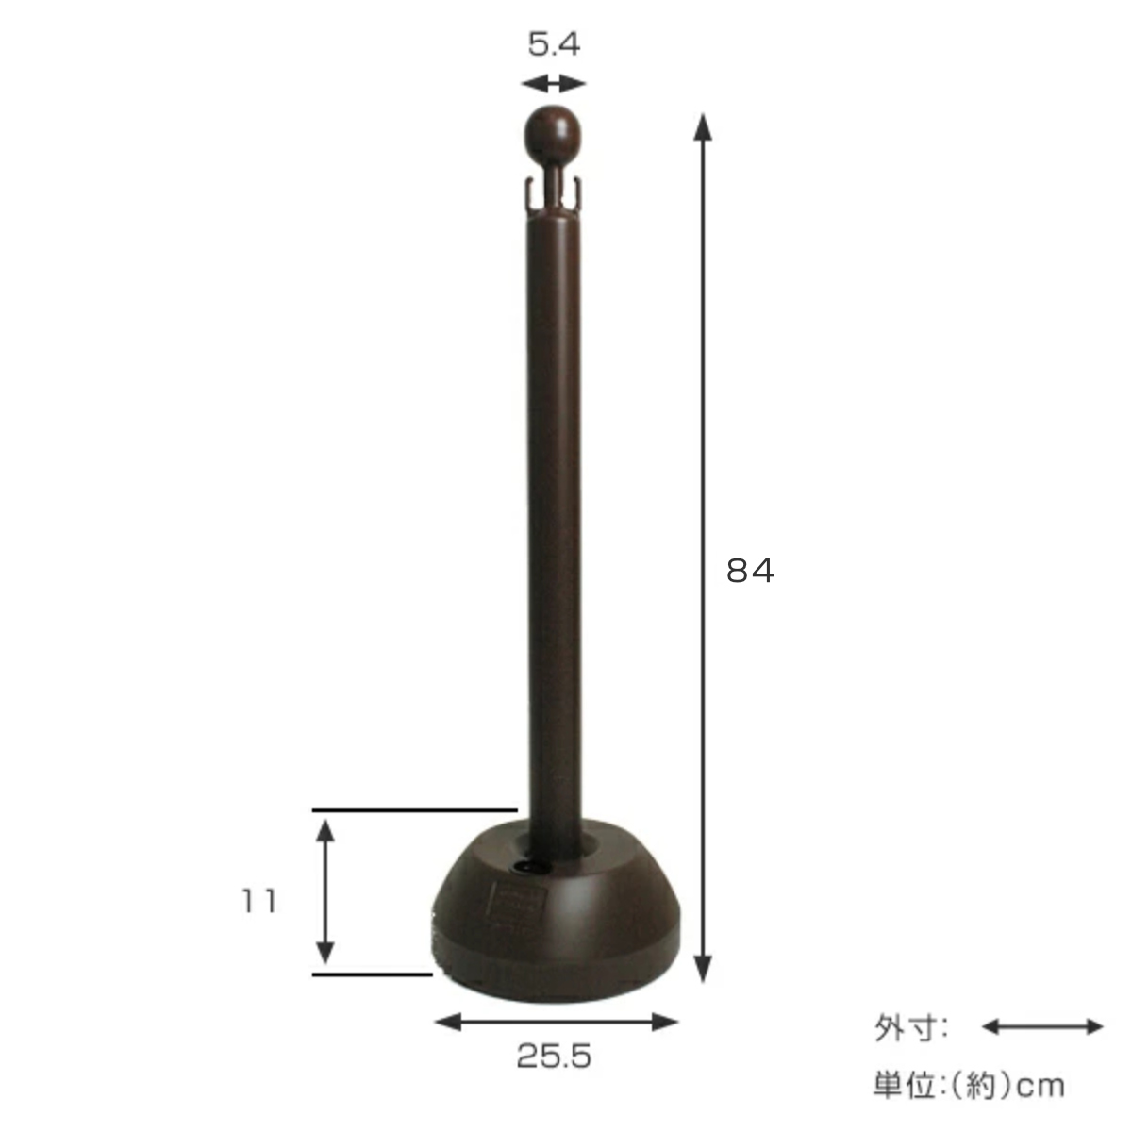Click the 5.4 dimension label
[x=554, y=44]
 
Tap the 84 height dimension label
[x=750, y=571]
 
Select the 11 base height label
[x=258, y=901]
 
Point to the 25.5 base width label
[x=554, y=1057]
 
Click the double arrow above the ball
[x=554, y=84]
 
